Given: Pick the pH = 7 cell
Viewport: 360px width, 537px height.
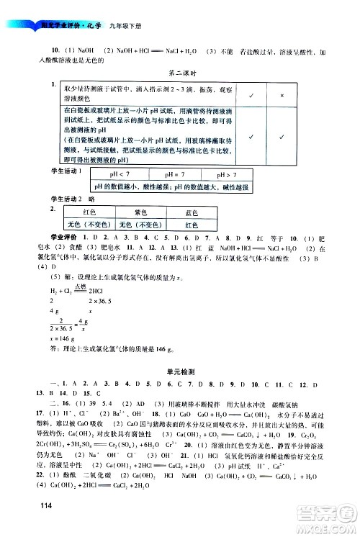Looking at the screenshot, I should click(x=175, y=175).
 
